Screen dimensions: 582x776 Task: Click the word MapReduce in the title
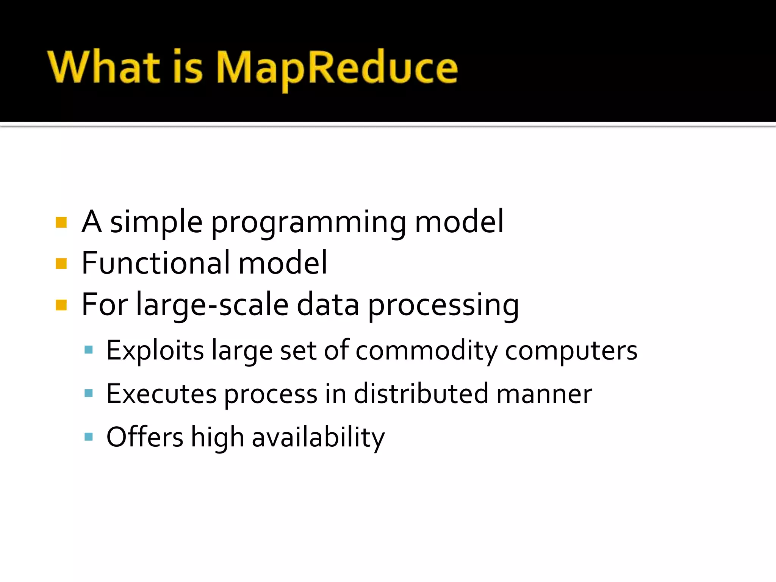[336, 68]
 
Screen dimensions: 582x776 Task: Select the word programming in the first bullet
[308, 224]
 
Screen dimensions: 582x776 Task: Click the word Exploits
[155, 351]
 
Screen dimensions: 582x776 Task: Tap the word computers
[571, 351]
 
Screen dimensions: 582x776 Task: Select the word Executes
[161, 394]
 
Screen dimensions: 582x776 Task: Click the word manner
[544, 394]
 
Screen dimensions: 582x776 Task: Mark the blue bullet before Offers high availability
[89, 437]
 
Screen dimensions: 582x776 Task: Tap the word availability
[318, 438]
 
